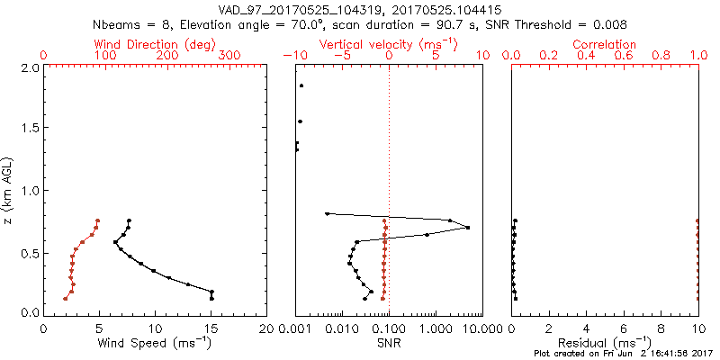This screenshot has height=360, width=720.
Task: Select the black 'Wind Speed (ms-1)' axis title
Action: point(154,343)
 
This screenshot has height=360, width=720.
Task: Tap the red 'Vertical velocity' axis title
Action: point(389,44)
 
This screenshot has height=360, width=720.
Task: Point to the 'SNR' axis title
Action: point(389,343)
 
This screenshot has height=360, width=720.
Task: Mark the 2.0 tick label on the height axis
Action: point(30,67)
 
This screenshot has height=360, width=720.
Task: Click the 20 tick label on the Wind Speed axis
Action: point(266,327)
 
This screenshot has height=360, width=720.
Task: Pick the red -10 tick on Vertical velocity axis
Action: point(292,56)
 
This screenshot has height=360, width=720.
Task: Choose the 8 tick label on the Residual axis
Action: point(661,327)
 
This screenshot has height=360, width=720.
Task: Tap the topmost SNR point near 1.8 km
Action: point(301,86)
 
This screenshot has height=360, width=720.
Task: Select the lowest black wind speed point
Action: point(211,298)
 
